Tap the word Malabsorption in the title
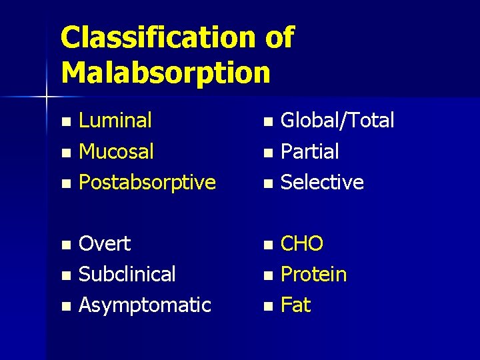coord(165,72)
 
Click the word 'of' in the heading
coord(279,38)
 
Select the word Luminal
coord(115,121)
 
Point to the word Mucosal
coord(116,151)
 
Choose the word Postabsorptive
coord(147,182)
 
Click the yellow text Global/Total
coord(337,121)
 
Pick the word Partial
coord(309,151)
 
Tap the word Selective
coord(322,182)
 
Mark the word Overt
coord(105,244)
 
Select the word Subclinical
coord(127,274)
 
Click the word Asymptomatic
coord(145,305)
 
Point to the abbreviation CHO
coord(302,244)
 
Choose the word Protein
coord(313,274)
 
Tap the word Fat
coord(295,305)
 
